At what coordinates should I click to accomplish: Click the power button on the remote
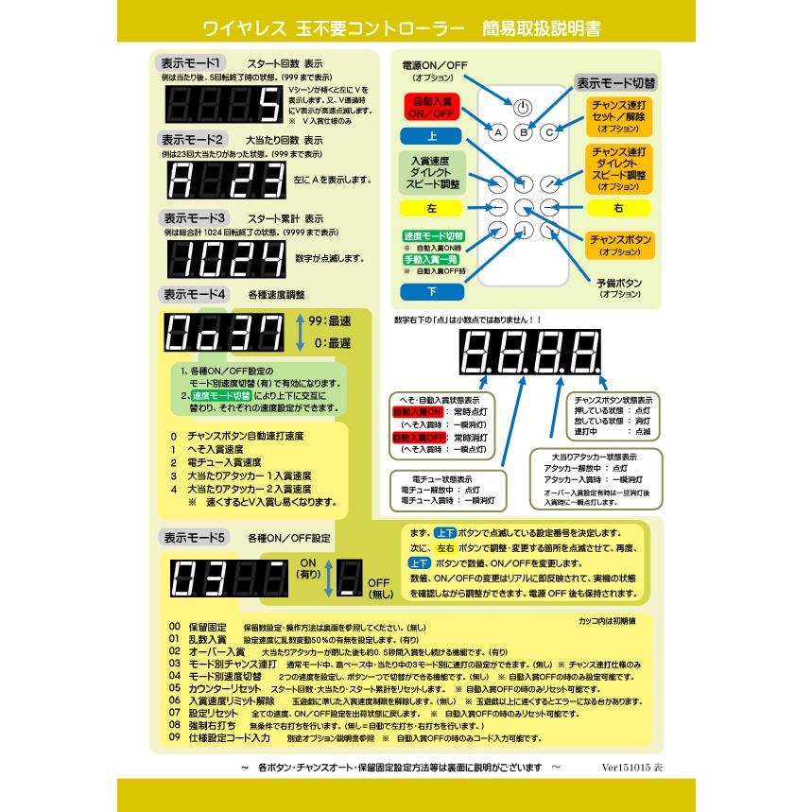tap(525, 108)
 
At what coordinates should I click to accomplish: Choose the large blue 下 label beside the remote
tap(432, 290)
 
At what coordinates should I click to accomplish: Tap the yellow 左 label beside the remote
tap(432, 206)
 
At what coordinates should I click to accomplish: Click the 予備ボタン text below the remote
tap(620, 283)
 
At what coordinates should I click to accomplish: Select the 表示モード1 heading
tap(192, 63)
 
